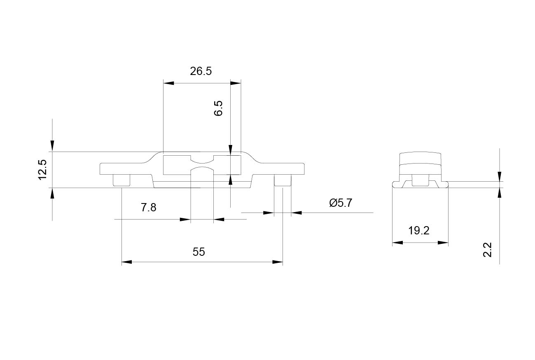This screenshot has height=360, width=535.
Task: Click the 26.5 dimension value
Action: pos(201,71)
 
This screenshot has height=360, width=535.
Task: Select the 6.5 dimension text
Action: pos(218,108)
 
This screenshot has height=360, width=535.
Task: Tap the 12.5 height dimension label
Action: pos(42,170)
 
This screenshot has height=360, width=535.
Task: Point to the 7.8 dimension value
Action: pos(149,207)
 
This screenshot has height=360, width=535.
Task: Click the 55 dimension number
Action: pos(199,252)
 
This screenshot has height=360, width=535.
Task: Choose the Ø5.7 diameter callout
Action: pos(341,203)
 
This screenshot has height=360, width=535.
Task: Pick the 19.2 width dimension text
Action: pos(419,231)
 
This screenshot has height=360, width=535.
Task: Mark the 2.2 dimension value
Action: pos(487,250)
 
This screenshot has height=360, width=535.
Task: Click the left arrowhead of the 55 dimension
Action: pos(127,262)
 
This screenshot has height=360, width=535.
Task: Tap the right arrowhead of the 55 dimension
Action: pos(278,262)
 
